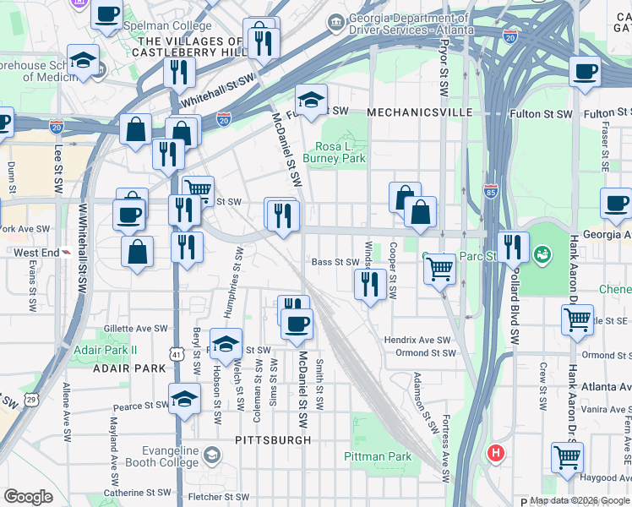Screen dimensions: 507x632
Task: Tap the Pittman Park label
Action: (378, 456)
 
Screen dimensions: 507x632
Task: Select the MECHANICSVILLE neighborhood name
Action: (413, 112)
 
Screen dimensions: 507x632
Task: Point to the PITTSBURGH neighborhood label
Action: (272, 440)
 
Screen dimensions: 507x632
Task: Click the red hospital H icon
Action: (496, 453)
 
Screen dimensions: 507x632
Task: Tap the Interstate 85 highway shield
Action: (491, 191)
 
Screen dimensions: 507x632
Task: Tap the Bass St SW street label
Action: (335, 263)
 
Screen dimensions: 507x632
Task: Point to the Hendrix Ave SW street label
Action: (417, 340)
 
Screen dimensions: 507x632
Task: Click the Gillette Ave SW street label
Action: (135, 328)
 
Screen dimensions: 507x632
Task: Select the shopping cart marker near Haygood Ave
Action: (567, 457)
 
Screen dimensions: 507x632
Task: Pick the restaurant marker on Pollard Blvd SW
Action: (514, 247)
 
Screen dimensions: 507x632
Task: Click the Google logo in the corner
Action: (28, 497)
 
